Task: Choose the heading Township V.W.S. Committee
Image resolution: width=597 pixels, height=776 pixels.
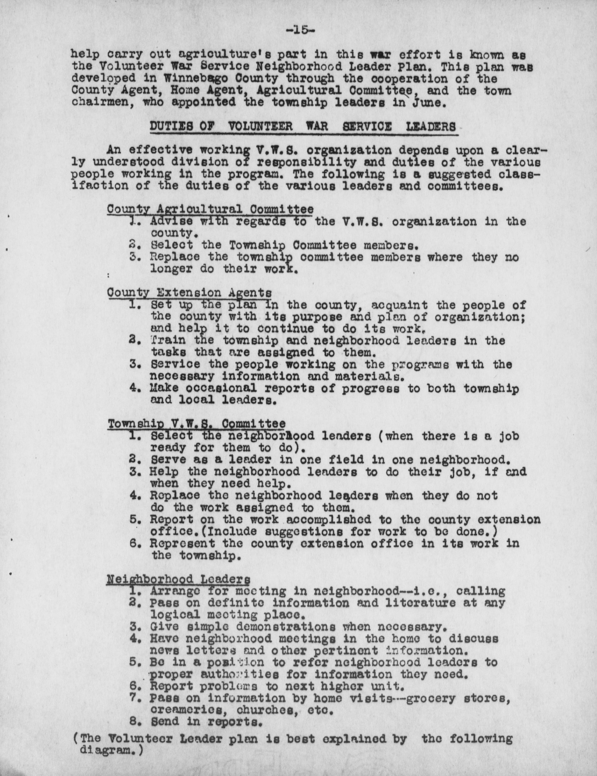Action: tap(196, 424)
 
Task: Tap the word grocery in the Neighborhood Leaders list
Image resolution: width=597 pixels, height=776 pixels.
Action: tap(430, 698)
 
